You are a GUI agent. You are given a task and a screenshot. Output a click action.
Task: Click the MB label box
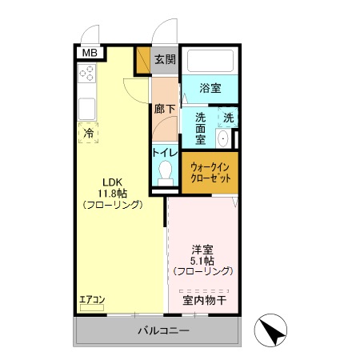coord(88,53)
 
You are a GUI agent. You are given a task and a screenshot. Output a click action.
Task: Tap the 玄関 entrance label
coord(165,59)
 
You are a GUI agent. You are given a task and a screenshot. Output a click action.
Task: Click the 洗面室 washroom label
coord(199,126)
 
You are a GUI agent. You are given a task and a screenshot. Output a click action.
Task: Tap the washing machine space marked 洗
coord(228,118)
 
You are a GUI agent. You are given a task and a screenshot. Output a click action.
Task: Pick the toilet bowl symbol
coord(166,171)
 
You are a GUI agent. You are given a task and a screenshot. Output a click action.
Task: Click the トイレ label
coord(165,152)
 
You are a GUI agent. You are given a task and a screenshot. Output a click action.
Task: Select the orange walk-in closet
coord(210,173)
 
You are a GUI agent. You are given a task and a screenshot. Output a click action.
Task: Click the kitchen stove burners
coord(87,74)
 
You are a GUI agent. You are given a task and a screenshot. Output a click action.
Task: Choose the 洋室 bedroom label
coord(202,249)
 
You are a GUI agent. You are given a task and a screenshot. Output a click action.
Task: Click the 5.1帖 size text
coord(202,260)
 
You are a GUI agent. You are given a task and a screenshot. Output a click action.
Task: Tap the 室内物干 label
coord(205,300)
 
